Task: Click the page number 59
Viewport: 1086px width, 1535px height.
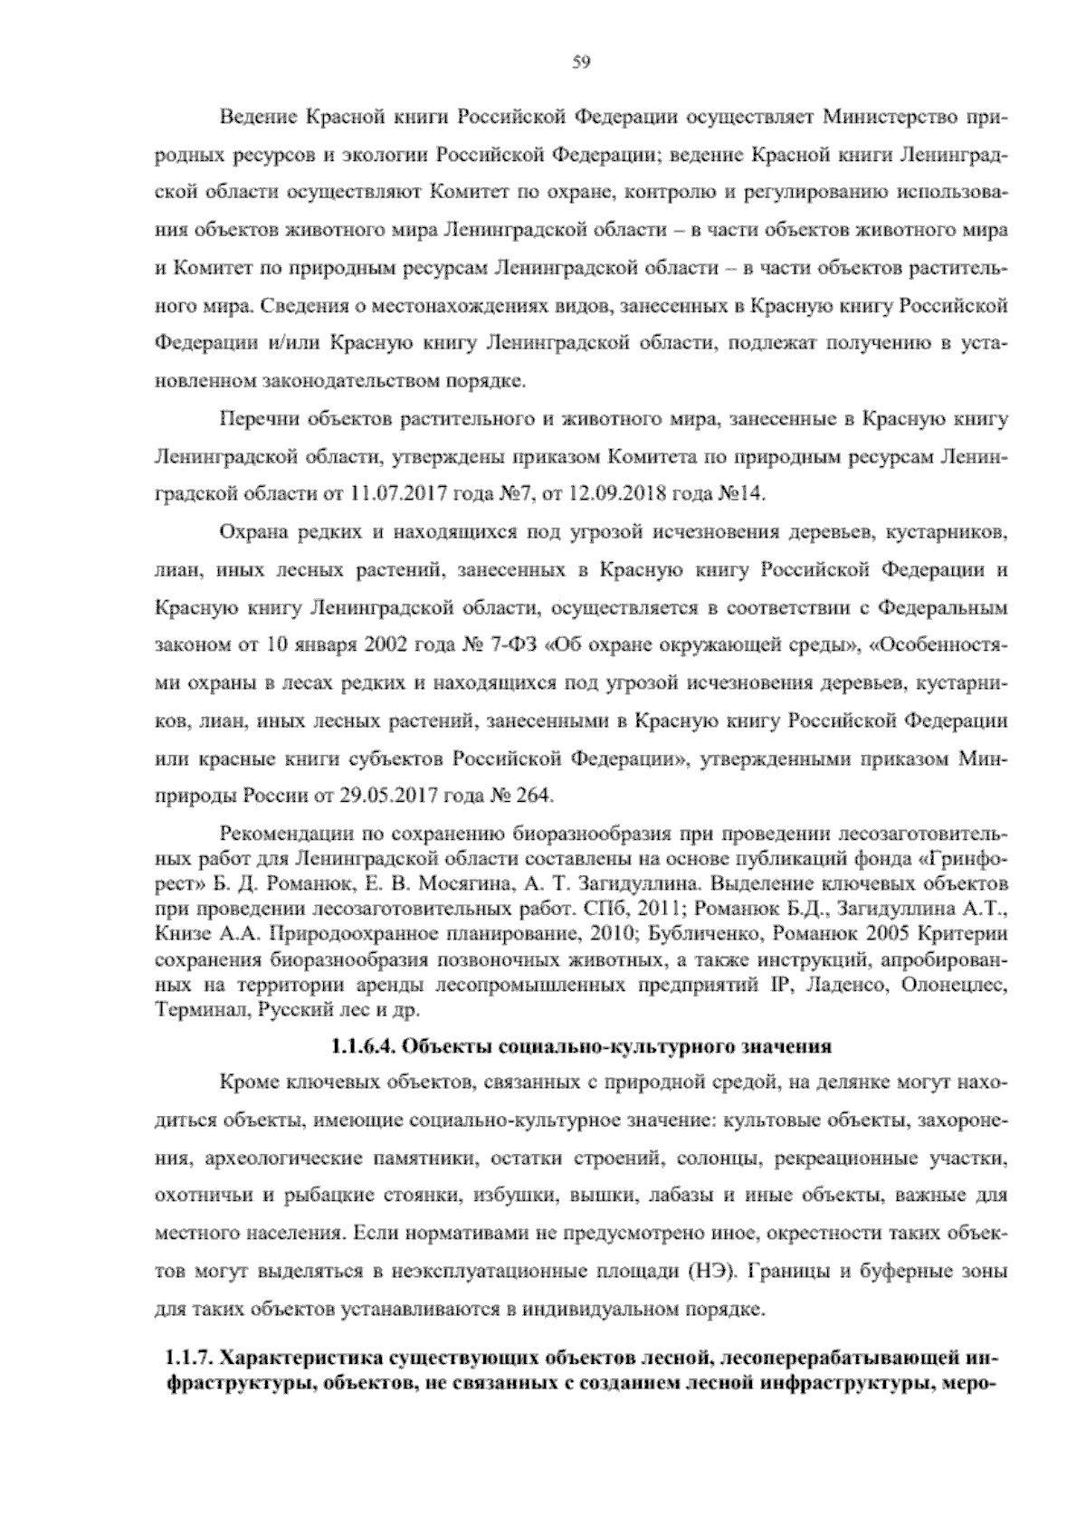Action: [581, 62]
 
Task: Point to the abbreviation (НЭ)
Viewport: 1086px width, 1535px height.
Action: [702, 1273]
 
